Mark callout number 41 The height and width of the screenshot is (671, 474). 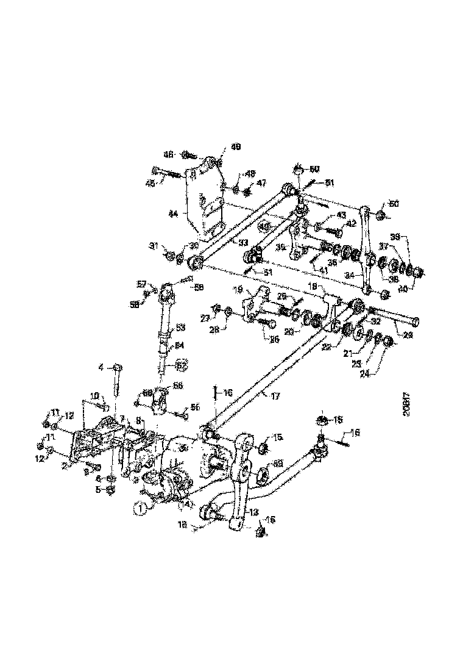coord(319,271)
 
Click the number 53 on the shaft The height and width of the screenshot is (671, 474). coord(180,328)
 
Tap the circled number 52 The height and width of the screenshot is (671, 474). coord(181,365)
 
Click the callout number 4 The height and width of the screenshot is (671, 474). coord(102,367)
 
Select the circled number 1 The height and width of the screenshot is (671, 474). coord(141,506)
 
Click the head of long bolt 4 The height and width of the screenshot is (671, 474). coord(118,368)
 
